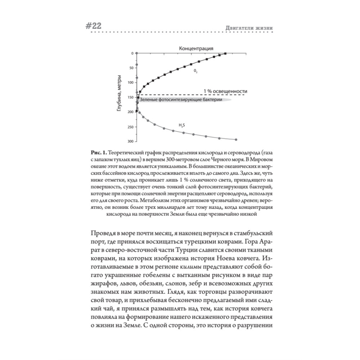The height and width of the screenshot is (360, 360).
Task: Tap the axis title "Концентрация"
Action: (x=196, y=48)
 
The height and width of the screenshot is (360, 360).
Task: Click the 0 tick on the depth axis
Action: (x=132, y=53)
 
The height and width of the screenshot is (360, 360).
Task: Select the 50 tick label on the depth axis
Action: (x=131, y=68)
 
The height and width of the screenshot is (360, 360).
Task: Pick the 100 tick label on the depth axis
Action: (x=130, y=82)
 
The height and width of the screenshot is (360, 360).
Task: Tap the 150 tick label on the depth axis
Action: (x=130, y=97)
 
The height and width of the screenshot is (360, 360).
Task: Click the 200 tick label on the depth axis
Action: (x=130, y=112)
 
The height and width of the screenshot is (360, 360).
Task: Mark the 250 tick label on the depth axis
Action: (x=130, y=127)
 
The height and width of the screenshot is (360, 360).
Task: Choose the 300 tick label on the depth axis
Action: (x=130, y=141)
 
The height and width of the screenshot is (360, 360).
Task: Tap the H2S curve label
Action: (x=182, y=125)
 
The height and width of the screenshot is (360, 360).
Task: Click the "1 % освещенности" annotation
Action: (x=225, y=91)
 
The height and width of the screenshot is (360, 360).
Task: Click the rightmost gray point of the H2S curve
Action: (x=236, y=140)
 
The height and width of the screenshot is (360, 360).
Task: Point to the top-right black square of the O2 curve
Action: (x=225, y=53)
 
